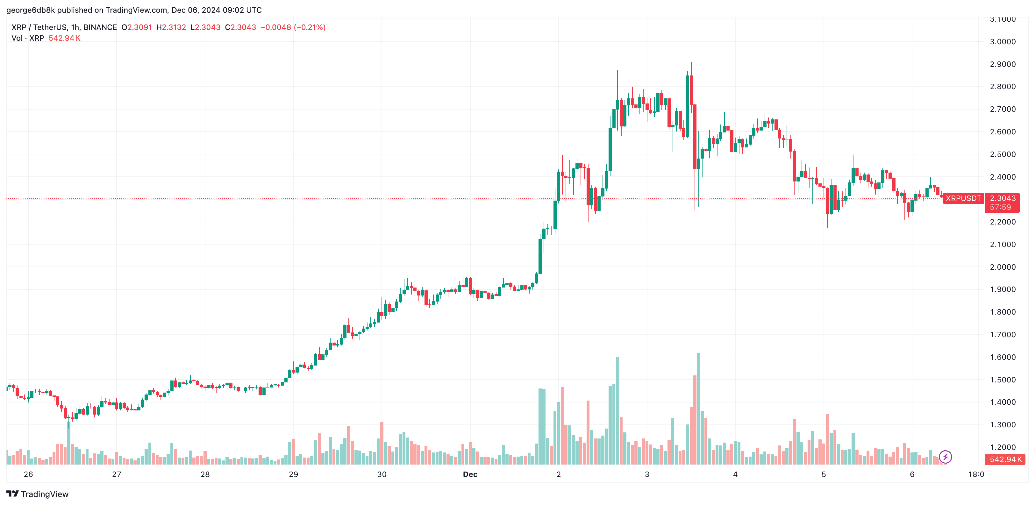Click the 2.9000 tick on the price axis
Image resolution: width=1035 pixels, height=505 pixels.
1003,64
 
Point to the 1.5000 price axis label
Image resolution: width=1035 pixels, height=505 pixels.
1003,380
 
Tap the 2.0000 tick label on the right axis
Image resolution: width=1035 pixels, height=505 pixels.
1003,267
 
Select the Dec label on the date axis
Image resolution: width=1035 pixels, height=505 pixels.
470,474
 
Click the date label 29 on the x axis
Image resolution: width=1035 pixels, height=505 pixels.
293,474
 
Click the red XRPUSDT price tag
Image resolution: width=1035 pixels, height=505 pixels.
963,198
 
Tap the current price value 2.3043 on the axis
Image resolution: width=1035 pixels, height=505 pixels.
1003,198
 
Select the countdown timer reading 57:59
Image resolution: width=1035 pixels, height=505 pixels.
1000,207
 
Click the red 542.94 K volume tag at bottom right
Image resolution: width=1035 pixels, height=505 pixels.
1005,459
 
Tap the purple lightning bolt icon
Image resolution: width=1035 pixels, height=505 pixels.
946,457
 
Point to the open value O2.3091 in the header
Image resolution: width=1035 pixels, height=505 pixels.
137,27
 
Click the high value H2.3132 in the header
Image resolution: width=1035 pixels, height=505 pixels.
171,27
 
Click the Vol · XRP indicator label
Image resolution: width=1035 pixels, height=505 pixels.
28,38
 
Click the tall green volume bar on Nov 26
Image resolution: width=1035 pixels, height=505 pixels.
69,442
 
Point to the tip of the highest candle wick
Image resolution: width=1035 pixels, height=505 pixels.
691,62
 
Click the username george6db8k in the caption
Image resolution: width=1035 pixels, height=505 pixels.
31,10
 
